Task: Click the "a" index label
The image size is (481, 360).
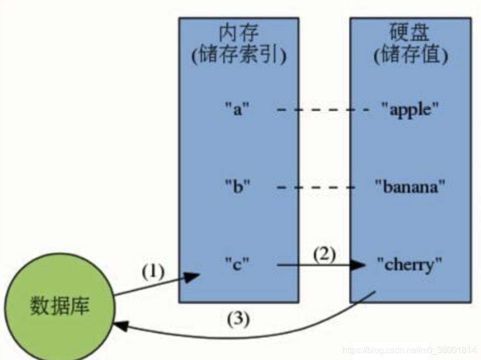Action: pyautogui.click(x=238, y=109)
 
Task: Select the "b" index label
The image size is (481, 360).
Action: pyautogui.click(x=238, y=187)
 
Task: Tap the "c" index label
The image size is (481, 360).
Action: pyautogui.click(x=238, y=265)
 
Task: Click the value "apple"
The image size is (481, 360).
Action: pyautogui.click(x=410, y=109)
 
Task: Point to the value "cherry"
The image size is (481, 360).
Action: pyautogui.click(x=410, y=265)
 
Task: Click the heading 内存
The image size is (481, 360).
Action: pyautogui.click(x=238, y=33)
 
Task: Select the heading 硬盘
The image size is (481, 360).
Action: pyautogui.click(x=411, y=33)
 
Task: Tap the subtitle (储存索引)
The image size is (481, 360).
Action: pyautogui.click(x=238, y=55)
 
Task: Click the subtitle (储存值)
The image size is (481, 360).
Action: pyautogui.click(x=411, y=55)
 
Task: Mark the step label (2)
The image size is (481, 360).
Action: pyautogui.click(x=324, y=253)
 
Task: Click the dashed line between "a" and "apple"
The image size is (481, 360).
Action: pyautogui.click(x=322, y=110)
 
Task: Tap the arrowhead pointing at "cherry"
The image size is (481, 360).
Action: pyautogui.click(x=358, y=265)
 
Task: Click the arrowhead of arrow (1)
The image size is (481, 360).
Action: pyautogui.click(x=193, y=277)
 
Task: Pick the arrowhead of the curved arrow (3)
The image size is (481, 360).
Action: pyautogui.click(x=119, y=326)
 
